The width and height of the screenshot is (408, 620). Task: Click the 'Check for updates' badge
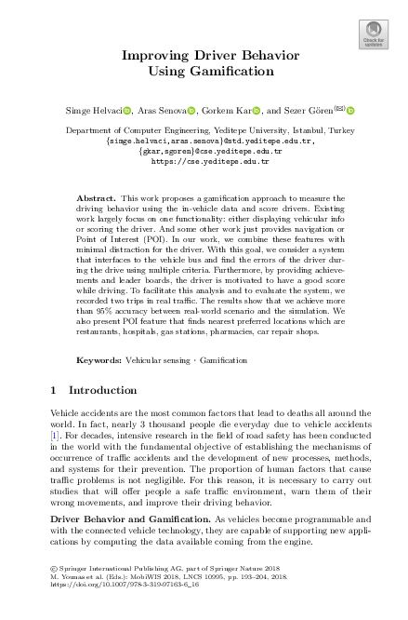click(x=373, y=34)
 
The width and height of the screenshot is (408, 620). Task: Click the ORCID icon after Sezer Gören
click(x=353, y=110)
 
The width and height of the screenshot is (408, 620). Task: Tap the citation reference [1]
click(x=54, y=433)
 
